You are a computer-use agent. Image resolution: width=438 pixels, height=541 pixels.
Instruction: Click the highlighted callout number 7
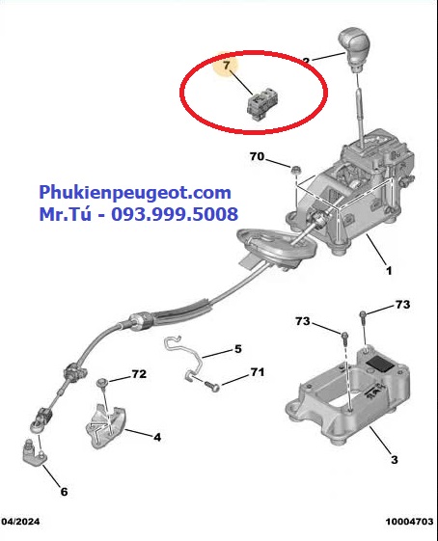coord(226,65)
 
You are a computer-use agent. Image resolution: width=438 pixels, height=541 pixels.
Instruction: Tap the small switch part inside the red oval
coord(262,105)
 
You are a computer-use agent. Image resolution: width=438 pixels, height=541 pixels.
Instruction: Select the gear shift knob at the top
coord(354,49)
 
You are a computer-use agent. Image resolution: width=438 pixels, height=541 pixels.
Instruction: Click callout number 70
coord(258,156)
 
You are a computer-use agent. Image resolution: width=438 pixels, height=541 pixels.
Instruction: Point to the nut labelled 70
coord(296,170)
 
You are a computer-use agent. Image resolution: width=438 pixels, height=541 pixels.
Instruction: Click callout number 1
coord(389,270)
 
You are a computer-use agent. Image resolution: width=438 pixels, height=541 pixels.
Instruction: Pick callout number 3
coord(395,460)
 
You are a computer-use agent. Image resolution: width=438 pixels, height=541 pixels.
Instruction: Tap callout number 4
coord(157,437)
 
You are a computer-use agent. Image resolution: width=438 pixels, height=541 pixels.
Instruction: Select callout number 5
coord(238,349)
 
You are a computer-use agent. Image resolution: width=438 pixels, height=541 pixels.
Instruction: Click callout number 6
coord(65,492)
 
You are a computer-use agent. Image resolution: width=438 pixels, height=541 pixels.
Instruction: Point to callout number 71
coord(258,372)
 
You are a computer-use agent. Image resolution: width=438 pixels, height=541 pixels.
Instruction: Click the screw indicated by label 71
coord(212,386)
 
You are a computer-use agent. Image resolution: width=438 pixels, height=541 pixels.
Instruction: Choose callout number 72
coord(139,374)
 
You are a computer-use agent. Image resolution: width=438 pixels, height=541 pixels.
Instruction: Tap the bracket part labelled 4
coord(105,427)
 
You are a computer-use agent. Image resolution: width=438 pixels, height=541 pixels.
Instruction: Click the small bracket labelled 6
coord(35,451)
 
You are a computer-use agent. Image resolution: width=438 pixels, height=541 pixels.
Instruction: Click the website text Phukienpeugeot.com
coord(135,192)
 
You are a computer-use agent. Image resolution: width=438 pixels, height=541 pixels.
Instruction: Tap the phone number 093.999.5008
coord(175,214)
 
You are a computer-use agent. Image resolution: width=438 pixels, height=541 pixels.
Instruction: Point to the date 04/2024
coord(20,522)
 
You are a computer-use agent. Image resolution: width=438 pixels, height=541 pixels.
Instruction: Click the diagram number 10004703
coord(409,522)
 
